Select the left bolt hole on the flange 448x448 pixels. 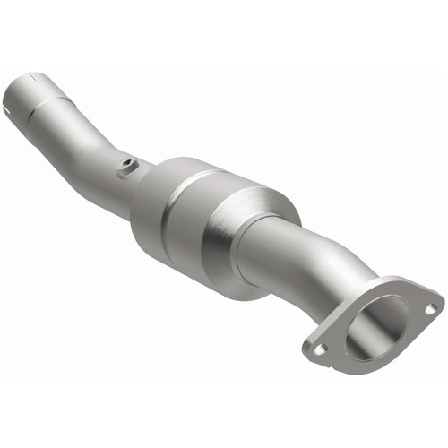tap(320, 349)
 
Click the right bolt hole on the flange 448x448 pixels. tap(431, 308)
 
